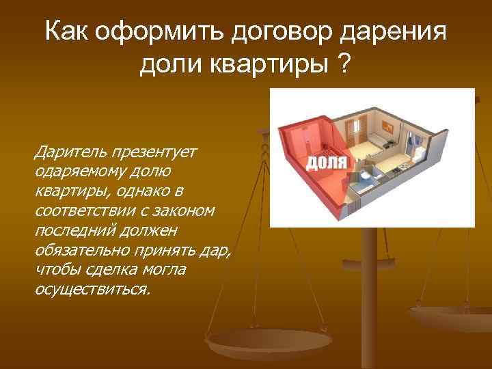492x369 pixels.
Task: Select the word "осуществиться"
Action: click(90, 289)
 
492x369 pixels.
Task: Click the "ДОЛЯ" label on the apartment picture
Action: click(326, 162)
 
